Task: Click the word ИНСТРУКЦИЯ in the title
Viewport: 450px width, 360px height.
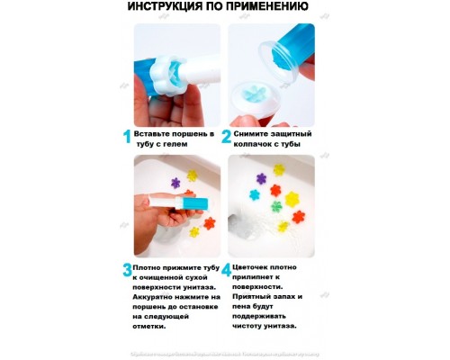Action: click(x=167, y=9)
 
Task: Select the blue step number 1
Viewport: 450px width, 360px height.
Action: click(x=126, y=137)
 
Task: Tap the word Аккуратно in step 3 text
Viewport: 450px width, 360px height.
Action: click(x=161, y=296)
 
